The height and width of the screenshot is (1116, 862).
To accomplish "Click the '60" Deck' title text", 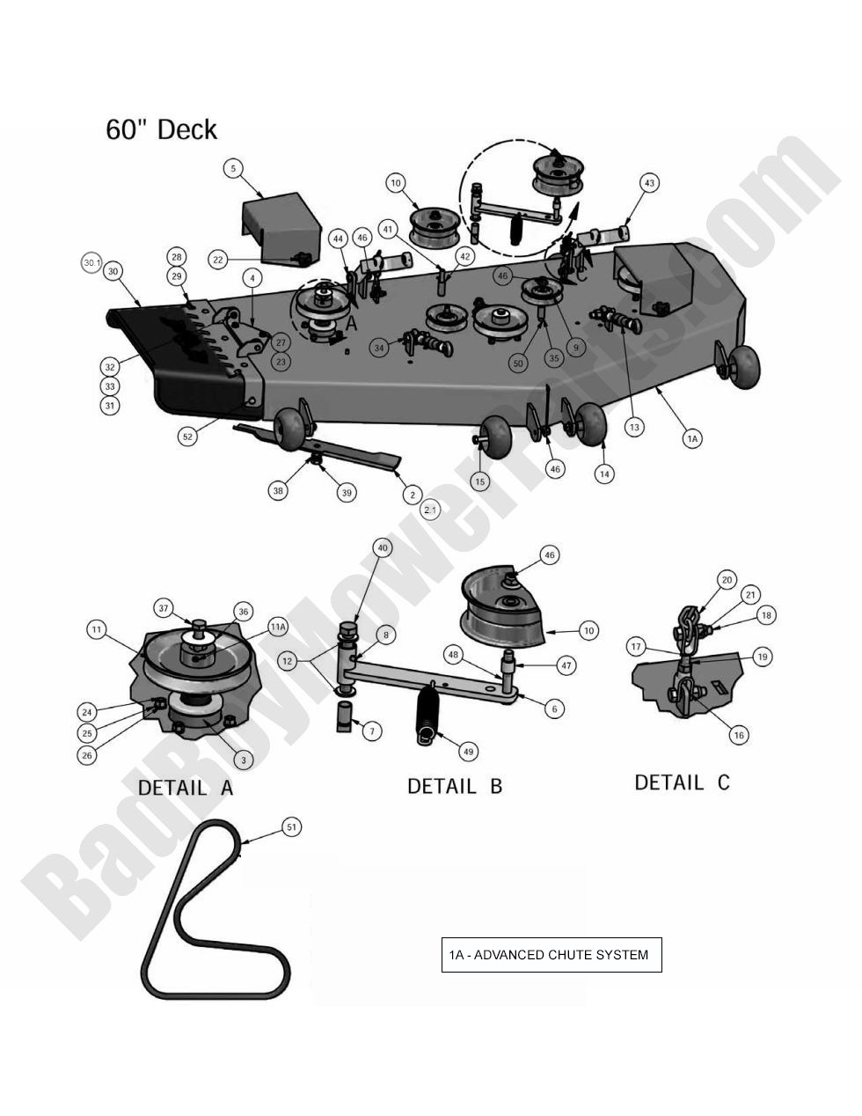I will [x=161, y=129].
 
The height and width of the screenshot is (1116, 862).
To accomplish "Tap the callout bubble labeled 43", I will [x=649, y=183].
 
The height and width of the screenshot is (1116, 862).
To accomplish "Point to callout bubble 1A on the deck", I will [x=692, y=437].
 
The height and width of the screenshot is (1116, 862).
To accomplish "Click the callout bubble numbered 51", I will [x=291, y=826].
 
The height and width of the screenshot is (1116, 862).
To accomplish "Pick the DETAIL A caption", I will [x=186, y=788].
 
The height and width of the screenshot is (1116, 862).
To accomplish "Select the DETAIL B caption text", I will [x=455, y=786].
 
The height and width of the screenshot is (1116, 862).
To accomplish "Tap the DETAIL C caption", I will [x=683, y=782].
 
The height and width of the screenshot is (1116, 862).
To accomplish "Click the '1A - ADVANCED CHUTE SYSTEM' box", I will [x=551, y=955].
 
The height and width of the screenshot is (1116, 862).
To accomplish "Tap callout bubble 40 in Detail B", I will [x=383, y=547].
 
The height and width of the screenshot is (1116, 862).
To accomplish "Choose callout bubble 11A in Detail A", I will [x=278, y=628].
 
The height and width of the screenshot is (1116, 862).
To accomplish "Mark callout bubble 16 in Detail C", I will [x=739, y=735].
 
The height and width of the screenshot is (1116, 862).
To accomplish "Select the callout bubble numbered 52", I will [x=187, y=437].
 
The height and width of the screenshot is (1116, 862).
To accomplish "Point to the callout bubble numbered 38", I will [x=278, y=490].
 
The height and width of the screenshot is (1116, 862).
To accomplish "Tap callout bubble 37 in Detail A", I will [x=163, y=607].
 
